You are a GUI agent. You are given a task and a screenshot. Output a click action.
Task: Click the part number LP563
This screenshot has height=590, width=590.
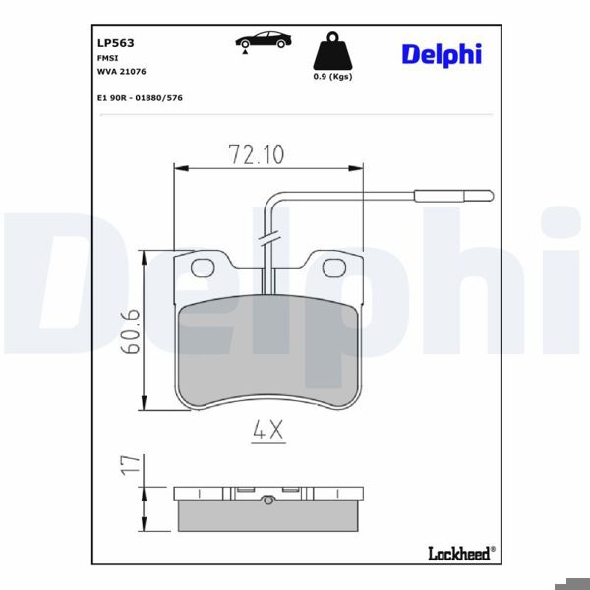pyautogui.click(x=115, y=43)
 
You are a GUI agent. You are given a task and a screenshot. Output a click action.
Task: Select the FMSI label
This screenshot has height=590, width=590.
pyautogui.click(x=107, y=59)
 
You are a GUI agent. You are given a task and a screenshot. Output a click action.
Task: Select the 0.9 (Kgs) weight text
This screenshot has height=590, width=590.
pyautogui.click(x=332, y=76)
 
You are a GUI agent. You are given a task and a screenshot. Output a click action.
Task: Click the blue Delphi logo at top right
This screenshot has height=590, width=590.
pyautogui.click(x=441, y=54)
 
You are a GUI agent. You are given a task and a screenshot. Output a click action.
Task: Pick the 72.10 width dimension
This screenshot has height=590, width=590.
pyautogui.click(x=256, y=154)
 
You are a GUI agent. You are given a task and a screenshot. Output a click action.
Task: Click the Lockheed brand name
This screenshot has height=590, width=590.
pyautogui.click(x=459, y=555)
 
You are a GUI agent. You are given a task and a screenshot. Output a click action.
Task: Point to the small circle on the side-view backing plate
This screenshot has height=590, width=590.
pyautogui.click(x=267, y=500)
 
